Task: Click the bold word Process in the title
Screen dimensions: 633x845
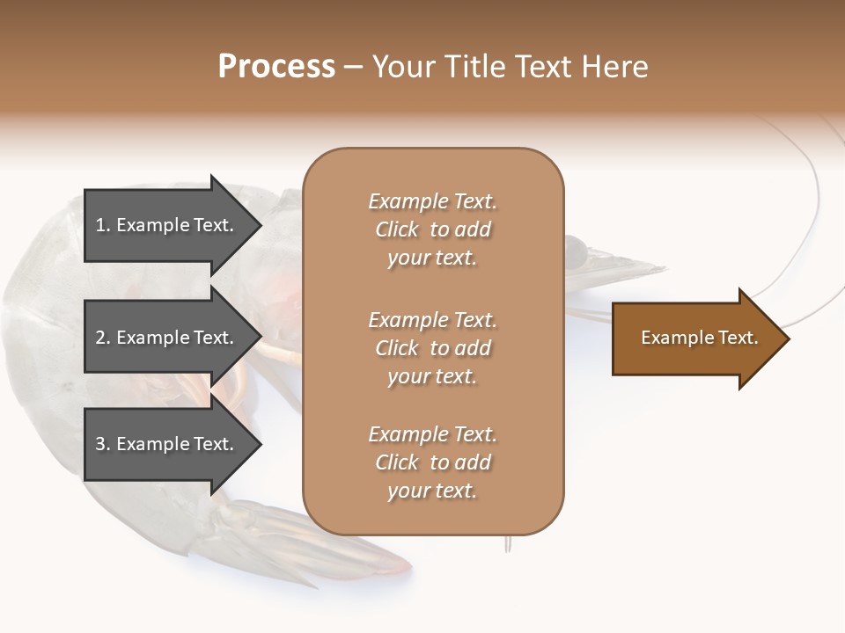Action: point(276,67)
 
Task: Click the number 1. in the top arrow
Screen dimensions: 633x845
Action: point(102,225)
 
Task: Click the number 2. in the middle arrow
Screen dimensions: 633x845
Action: point(102,338)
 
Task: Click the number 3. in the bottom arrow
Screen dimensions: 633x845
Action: point(102,444)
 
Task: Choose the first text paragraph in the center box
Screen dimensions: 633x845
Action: point(432,229)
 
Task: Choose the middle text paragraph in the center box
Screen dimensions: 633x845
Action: point(432,348)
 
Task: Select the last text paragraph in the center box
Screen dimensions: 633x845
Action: point(432,462)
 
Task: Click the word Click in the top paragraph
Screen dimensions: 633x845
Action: point(397,229)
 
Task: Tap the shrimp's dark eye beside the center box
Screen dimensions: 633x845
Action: point(574,254)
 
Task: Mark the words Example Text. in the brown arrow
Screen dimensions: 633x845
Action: point(700,338)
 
